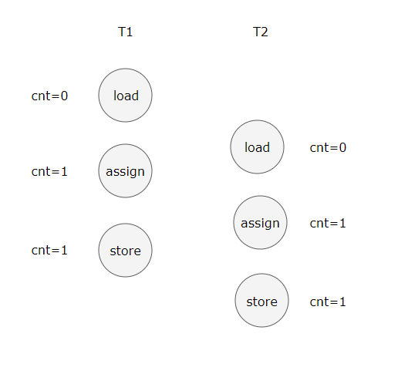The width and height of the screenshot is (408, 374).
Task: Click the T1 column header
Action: click(x=125, y=32)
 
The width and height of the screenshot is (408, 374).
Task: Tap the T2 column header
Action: click(x=260, y=32)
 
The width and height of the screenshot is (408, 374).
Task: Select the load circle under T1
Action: click(x=125, y=95)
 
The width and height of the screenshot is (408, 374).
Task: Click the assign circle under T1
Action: click(x=125, y=171)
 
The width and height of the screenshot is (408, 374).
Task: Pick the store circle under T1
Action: click(x=125, y=250)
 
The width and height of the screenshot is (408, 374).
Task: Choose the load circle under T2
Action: click(x=257, y=147)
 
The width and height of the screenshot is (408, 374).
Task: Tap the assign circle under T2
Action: click(x=260, y=223)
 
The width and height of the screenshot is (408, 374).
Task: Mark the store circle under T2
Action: click(x=261, y=301)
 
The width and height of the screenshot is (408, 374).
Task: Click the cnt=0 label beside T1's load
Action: click(x=49, y=96)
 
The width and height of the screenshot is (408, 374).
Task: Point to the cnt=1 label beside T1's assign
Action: click(x=49, y=172)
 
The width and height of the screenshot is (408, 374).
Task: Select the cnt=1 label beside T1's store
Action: click(x=49, y=250)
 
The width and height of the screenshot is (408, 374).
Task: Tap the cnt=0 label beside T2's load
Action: click(x=328, y=148)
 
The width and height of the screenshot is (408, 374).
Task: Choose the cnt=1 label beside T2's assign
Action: click(x=328, y=224)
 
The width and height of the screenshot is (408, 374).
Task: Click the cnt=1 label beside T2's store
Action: click(x=328, y=302)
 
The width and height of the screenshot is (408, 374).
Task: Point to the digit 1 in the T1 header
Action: click(x=130, y=32)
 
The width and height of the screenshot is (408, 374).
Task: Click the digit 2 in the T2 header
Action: click(x=264, y=32)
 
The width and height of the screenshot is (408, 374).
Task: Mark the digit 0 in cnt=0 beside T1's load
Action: click(x=64, y=96)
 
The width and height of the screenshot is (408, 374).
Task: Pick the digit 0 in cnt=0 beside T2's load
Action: click(x=342, y=148)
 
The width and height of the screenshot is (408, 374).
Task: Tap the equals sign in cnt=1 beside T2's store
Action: click(x=335, y=302)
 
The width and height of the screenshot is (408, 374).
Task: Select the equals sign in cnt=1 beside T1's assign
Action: click(x=56, y=172)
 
